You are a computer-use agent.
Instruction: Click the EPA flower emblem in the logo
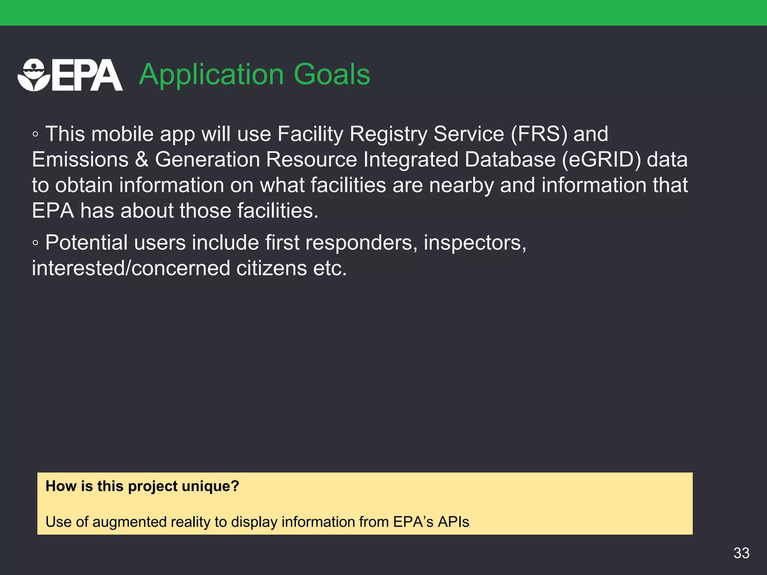click(x=34, y=75)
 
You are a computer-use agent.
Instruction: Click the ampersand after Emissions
click(x=142, y=159)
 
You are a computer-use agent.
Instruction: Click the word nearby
click(x=461, y=185)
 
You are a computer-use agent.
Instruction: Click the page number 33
click(x=741, y=553)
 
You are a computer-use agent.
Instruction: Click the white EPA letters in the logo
click(x=87, y=76)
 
